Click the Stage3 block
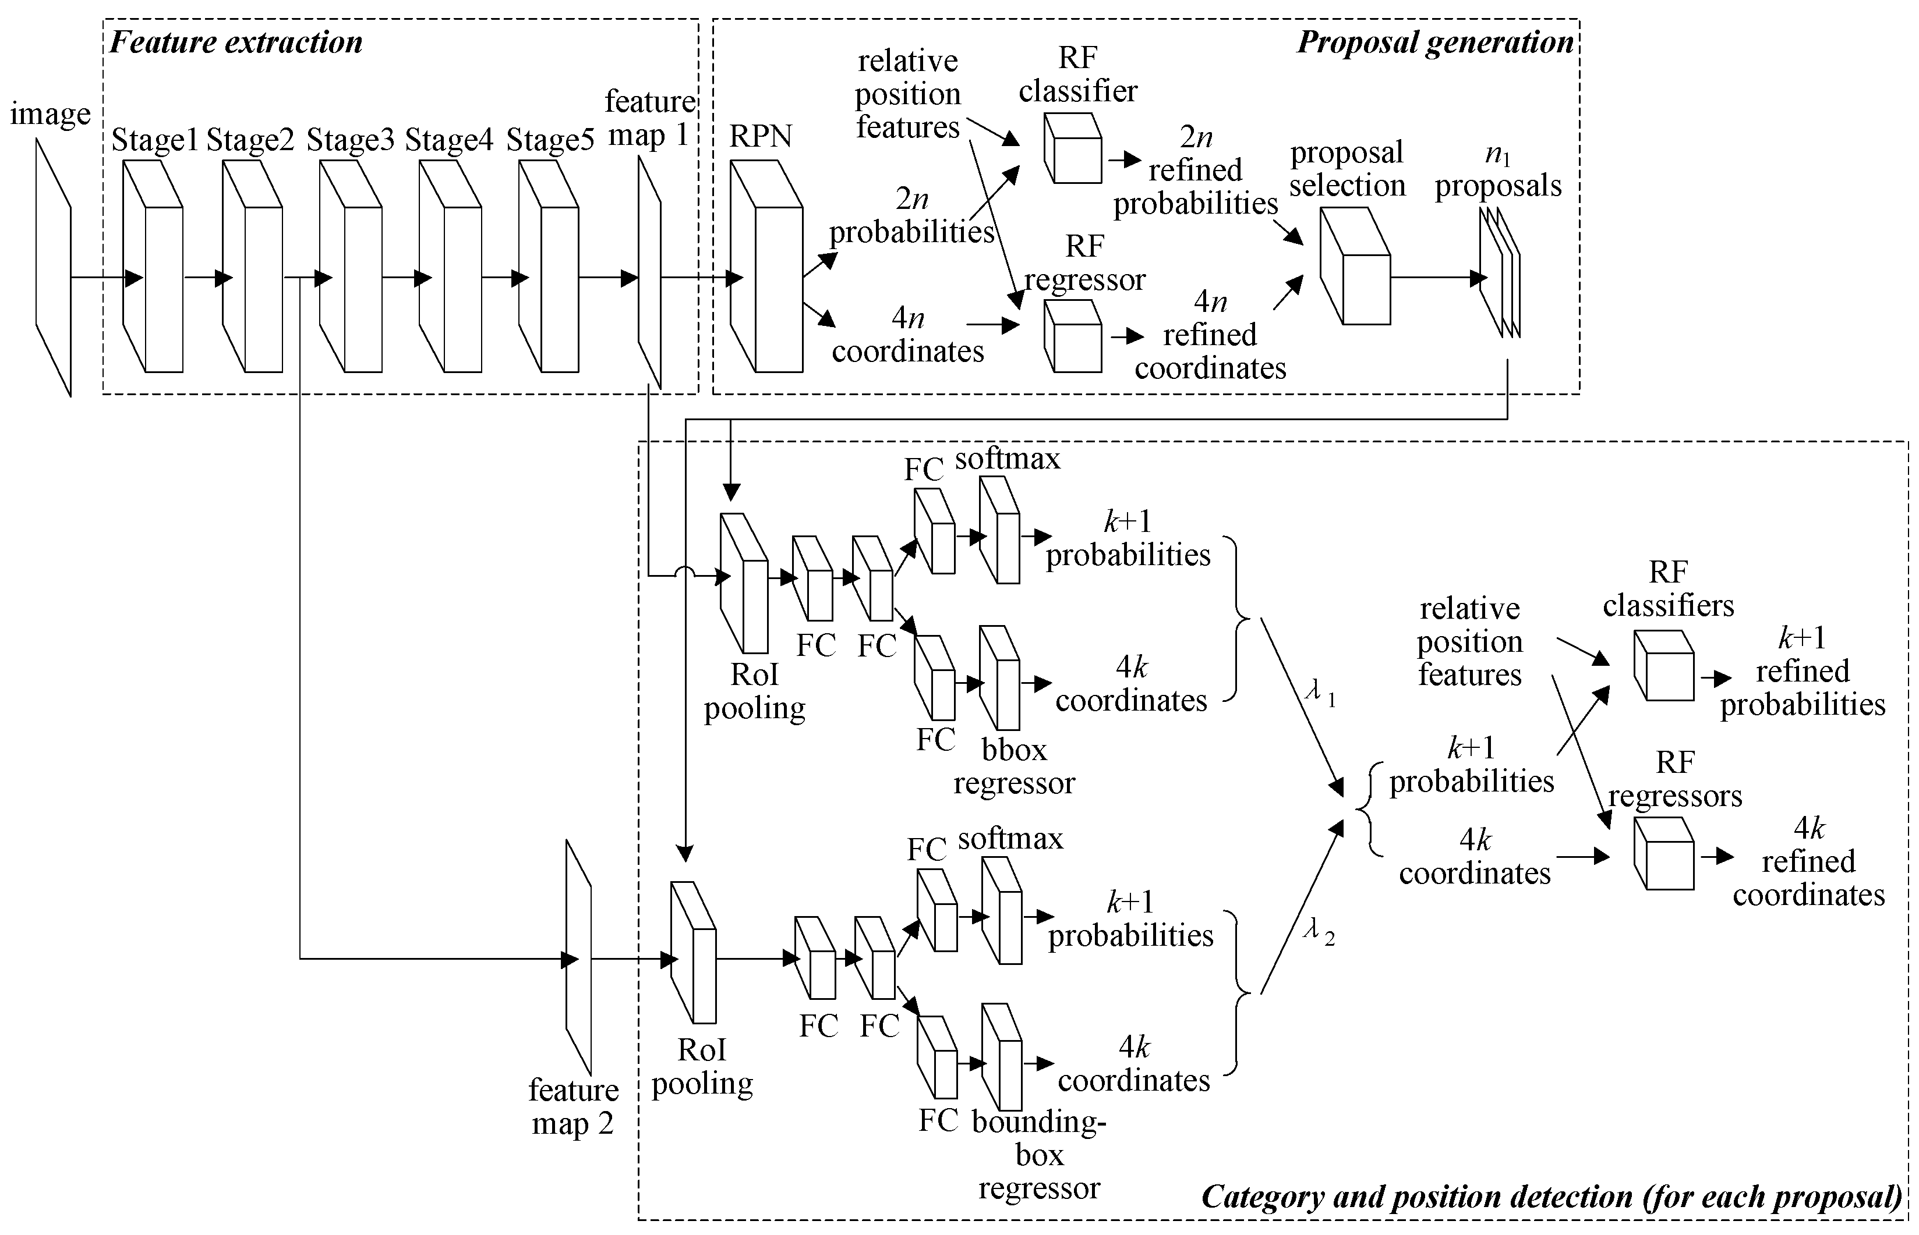(x=351, y=266)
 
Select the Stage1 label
(x=154, y=140)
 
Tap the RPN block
(x=766, y=266)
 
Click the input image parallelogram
(x=53, y=267)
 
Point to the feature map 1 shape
(x=649, y=272)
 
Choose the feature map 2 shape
(x=578, y=957)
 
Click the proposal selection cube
(x=1355, y=266)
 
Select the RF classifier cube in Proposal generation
(x=1073, y=148)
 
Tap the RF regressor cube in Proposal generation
(x=1073, y=336)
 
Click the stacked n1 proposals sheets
(x=1500, y=272)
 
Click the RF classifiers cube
(x=1664, y=666)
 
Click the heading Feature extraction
(x=236, y=42)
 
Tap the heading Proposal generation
(x=1435, y=42)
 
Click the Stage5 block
(x=549, y=266)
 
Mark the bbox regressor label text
(x=1014, y=766)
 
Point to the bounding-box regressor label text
(x=1039, y=1155)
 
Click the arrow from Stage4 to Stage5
(x=506, y=278)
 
